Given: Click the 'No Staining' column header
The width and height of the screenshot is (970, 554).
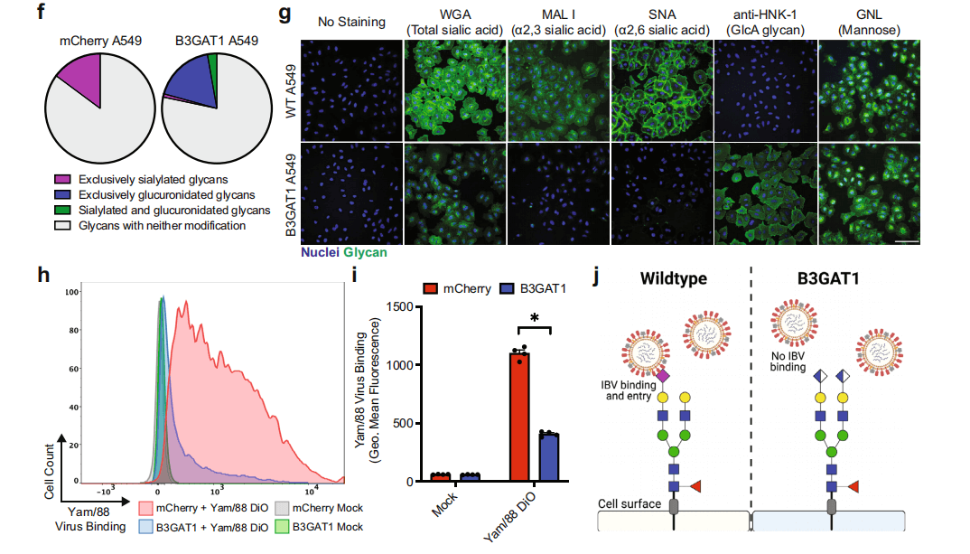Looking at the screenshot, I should click(351, 22).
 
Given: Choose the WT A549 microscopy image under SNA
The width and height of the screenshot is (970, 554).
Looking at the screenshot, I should click(661, 89).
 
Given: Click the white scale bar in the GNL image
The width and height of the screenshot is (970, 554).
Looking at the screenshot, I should click(906, 242).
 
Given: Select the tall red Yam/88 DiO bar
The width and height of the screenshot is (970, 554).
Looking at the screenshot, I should click(518, 417).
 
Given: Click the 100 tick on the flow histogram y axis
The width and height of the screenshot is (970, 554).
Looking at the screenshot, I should click(75, 294).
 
